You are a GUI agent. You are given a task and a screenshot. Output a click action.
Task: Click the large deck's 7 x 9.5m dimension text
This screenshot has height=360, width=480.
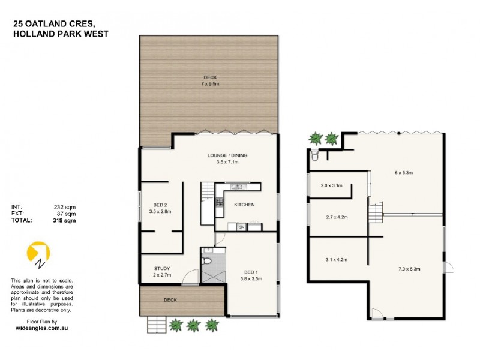(x=209, y=84)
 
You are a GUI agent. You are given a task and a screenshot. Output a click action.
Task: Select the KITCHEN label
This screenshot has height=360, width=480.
(x=244, y=205)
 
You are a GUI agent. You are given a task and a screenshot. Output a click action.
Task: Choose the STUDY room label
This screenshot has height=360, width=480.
(x=161, y=268)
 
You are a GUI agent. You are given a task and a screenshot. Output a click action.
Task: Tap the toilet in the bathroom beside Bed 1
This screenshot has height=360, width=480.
(x=206, y=261)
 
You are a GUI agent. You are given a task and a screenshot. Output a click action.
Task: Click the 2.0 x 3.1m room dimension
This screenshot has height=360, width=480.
(x=331, y=185)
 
